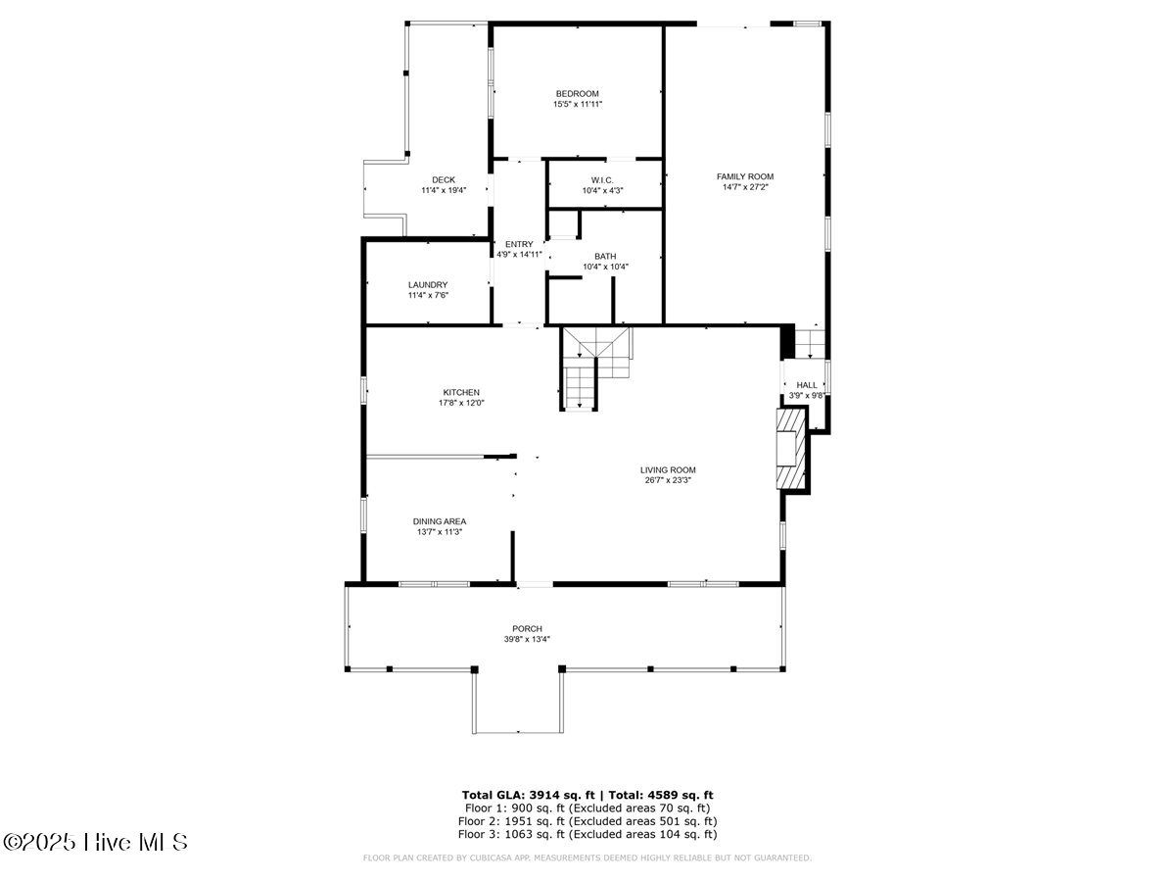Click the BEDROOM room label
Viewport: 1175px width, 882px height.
pos(577,94)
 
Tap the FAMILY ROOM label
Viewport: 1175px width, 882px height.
pos(745,176)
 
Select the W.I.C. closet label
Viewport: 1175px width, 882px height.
pos(602,180)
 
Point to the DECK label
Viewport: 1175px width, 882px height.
pos(444,180)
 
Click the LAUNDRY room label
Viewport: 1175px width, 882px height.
pos(428,285)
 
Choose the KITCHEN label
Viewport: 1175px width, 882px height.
pos(461,393)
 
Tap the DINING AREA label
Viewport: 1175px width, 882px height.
pos(439,521)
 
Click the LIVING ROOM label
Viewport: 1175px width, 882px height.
pos(668,469)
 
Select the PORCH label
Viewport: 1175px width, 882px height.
pos(527,629)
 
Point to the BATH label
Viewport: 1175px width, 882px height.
pos(605,257)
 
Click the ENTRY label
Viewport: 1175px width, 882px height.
pos(519,244)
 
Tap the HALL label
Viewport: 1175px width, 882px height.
pos(807,385)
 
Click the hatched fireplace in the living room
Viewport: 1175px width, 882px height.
pos(791,449)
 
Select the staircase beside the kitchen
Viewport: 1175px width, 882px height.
pos(595,368)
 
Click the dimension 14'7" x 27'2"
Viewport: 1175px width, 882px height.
pos(745,187)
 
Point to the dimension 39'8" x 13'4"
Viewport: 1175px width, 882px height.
pos(527,639)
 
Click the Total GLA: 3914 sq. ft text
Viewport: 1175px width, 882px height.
pos(528,795)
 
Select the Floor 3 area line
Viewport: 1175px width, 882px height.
pos(587,834)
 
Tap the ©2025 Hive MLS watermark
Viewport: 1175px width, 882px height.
pos(95,842)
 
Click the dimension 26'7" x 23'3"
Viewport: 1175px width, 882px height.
pos(668,480)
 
